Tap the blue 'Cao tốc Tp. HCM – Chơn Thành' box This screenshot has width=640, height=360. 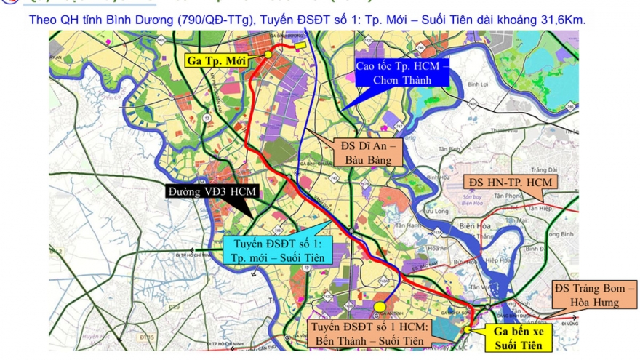pyautogui.click(x=401, y=73)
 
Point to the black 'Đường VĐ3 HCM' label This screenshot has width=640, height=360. pyautogui.click(x=212, y=191)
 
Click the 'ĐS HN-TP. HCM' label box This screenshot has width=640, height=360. pyautogui.click(x=510, y=181)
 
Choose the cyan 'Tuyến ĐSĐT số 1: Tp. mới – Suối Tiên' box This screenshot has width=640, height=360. pyautogui.click(x=276, y=250)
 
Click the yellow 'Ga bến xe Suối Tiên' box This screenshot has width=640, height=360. pyautogui.click(x=523, y=336)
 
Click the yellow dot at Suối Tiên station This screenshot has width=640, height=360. pyautogui.click(x=466, y=328)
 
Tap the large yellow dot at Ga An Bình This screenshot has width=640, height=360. pyautogui.click(x=380, y=306)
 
